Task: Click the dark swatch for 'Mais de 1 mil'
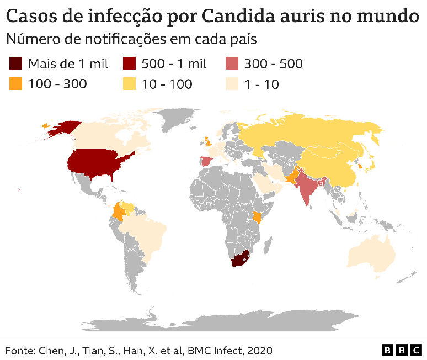16,64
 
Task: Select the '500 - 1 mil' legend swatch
129,64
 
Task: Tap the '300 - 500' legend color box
232,64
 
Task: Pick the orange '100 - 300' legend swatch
16,84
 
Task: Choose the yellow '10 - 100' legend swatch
129,84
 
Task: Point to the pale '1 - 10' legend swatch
232,84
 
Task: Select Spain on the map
205,161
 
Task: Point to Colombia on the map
118,213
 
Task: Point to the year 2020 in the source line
259,351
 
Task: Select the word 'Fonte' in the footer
19,351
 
